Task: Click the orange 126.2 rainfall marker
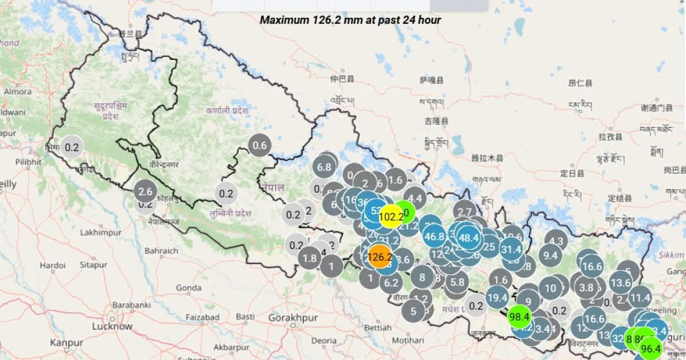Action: (x=380, y=257)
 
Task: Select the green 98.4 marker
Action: (x=520, y=316)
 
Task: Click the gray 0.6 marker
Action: (x=260, y=146)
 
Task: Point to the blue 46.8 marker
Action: (x=434, y=236)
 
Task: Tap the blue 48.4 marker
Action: (x=469, y=238)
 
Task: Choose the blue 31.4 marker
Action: (x=511, y=249)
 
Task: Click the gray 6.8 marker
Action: (x=324, y=167)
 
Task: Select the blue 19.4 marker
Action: (x=497, y=297)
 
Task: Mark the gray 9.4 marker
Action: (x=550, y=255)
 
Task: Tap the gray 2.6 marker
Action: (x=145, y=191)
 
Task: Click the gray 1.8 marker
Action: (x=309, y=258)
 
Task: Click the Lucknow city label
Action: (x=113, y=326)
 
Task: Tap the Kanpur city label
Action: (x=66, y=343)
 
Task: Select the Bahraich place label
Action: (x=161, y=251)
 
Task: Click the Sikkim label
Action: (x=671, y=255)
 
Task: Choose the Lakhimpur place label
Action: (x=98, y=233)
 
